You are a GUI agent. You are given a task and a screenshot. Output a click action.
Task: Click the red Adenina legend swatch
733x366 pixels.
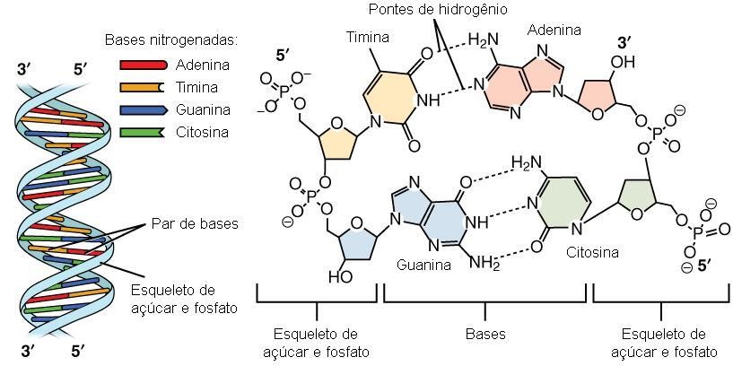pyautogui.click(x=144, y=65)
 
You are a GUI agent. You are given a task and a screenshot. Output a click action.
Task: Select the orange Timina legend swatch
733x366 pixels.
pyautogui.click(x=144, y=87)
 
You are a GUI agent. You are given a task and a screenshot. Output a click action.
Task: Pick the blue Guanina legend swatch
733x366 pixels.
pyautogui.click(x=144, y=109)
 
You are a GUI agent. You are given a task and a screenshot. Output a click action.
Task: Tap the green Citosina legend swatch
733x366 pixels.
pyautogui.click(x=144, y=132)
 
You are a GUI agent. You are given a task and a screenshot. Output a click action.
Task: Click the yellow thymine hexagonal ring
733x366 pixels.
pyautogui.click(x=388, y=99)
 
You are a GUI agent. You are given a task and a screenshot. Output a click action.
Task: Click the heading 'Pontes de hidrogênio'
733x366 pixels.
pyautogui.click(x=437, y=10)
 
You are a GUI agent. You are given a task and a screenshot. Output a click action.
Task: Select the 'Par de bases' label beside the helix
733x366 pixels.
pyautogui.click(x=195, y=224)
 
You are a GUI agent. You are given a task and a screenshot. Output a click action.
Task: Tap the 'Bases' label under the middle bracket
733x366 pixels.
pyautogui.click(x=485, y=335)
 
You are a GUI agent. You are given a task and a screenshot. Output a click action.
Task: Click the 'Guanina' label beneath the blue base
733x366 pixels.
pyautogui.click(x=424, y=265)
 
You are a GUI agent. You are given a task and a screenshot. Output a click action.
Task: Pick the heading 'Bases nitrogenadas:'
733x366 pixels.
pyautogui.click(x=171, y=40)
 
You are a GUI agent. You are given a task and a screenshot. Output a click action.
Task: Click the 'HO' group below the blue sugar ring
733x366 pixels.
pyautogui.click(x=340, y=276)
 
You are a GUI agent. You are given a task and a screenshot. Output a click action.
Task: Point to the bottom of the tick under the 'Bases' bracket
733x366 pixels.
pyautogui.click(x=484, y=319)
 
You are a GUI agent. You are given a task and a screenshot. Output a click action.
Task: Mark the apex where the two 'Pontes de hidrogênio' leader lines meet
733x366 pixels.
pyautogui.click(x=436, y=20)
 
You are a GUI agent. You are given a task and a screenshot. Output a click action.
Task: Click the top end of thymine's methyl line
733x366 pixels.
pyautogui.click(x=372, y=48)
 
